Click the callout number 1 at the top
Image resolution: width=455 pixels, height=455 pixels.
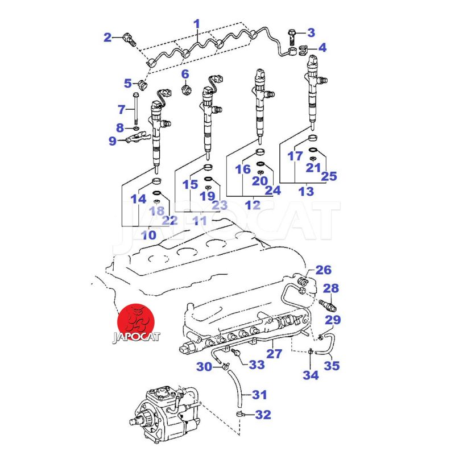197,24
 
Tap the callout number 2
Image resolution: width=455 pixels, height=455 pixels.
108,38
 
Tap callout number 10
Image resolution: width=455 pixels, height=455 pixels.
148,234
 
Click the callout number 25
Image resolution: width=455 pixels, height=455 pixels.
329,176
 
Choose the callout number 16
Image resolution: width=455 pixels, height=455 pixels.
243,169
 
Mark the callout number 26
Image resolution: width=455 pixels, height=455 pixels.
323,270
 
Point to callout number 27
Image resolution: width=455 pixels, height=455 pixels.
275,354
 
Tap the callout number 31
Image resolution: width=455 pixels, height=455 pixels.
259,394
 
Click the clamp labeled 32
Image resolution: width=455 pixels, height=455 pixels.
241,413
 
